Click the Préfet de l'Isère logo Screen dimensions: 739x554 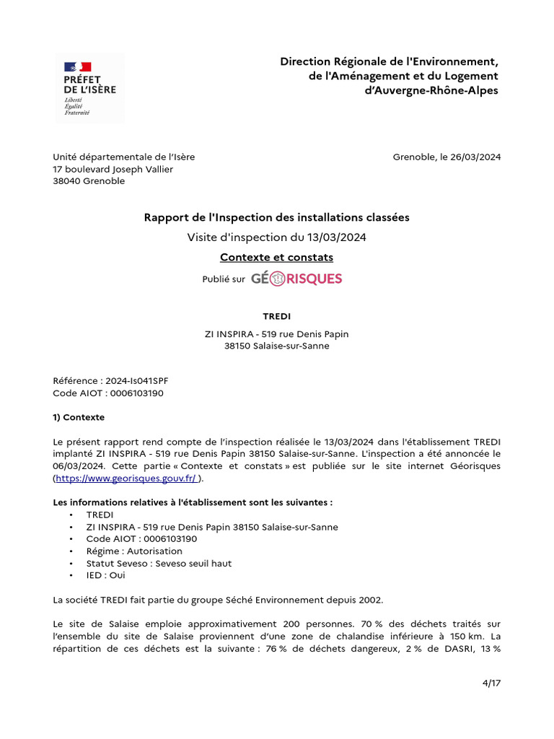click(x=89, y=88)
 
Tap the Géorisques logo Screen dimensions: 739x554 click(x=296, y=279)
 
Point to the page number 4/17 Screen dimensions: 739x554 click(x=491, y=683)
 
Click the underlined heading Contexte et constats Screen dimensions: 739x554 click(x=276, y=257)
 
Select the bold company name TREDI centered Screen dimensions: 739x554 click(x=276, y=315)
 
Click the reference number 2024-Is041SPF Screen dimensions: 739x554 click(x=136, y=381)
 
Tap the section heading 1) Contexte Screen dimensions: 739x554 click(x=79, y=417)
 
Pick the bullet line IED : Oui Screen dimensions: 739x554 click(x=105, y=575)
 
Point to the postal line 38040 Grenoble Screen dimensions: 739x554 click(x=89, y=181)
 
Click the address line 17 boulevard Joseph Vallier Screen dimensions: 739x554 click(x=113, y=170)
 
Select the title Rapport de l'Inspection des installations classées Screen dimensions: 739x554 click(x=276, y=217)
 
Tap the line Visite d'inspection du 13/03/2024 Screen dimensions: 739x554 click(x=276, y=237)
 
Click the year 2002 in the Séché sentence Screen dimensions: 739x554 click(x=371, y=600)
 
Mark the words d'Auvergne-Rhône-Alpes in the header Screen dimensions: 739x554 click(x=432, y=91)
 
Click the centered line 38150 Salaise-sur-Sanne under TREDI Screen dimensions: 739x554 click(x=276, y=346)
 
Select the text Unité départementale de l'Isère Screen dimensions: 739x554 click(x=123, y=157)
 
